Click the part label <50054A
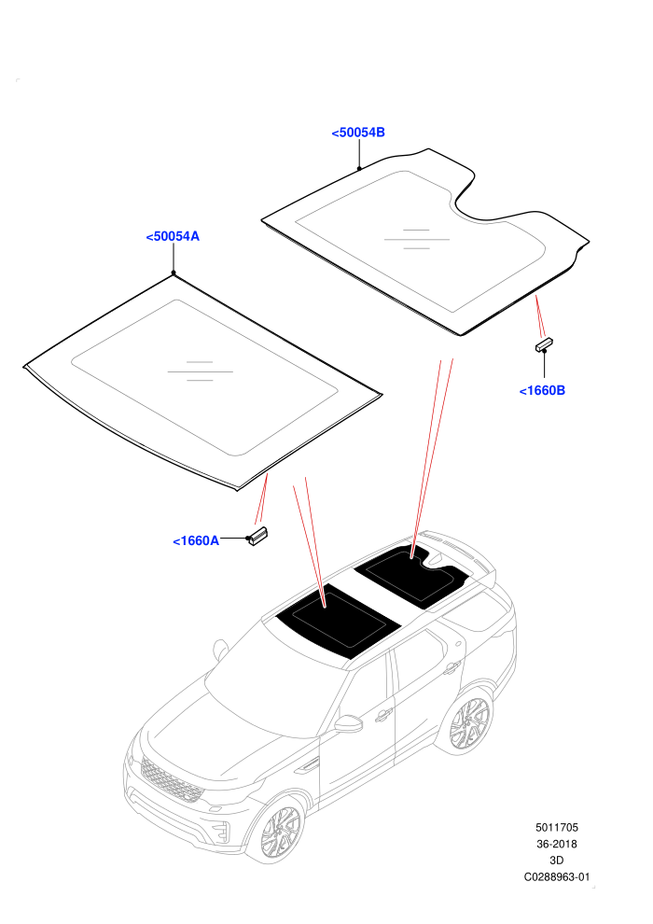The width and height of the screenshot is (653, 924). (173, 236)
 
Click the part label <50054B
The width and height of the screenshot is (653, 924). (358, 133)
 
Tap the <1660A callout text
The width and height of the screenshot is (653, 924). (196, 540)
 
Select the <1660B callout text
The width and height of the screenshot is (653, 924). (542, 390)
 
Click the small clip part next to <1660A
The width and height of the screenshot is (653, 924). (258, 535)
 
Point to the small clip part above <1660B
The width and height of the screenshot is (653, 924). (544, 344)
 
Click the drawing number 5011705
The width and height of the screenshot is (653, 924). (556, 827)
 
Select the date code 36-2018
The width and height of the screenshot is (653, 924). (556, 844)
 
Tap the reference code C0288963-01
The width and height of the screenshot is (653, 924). (556, 876)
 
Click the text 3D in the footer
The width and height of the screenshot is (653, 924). (556, 861)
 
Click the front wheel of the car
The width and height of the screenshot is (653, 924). (281, 832)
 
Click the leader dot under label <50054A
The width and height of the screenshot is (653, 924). (174, 273)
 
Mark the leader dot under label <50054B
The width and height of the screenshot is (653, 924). (358, 169)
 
